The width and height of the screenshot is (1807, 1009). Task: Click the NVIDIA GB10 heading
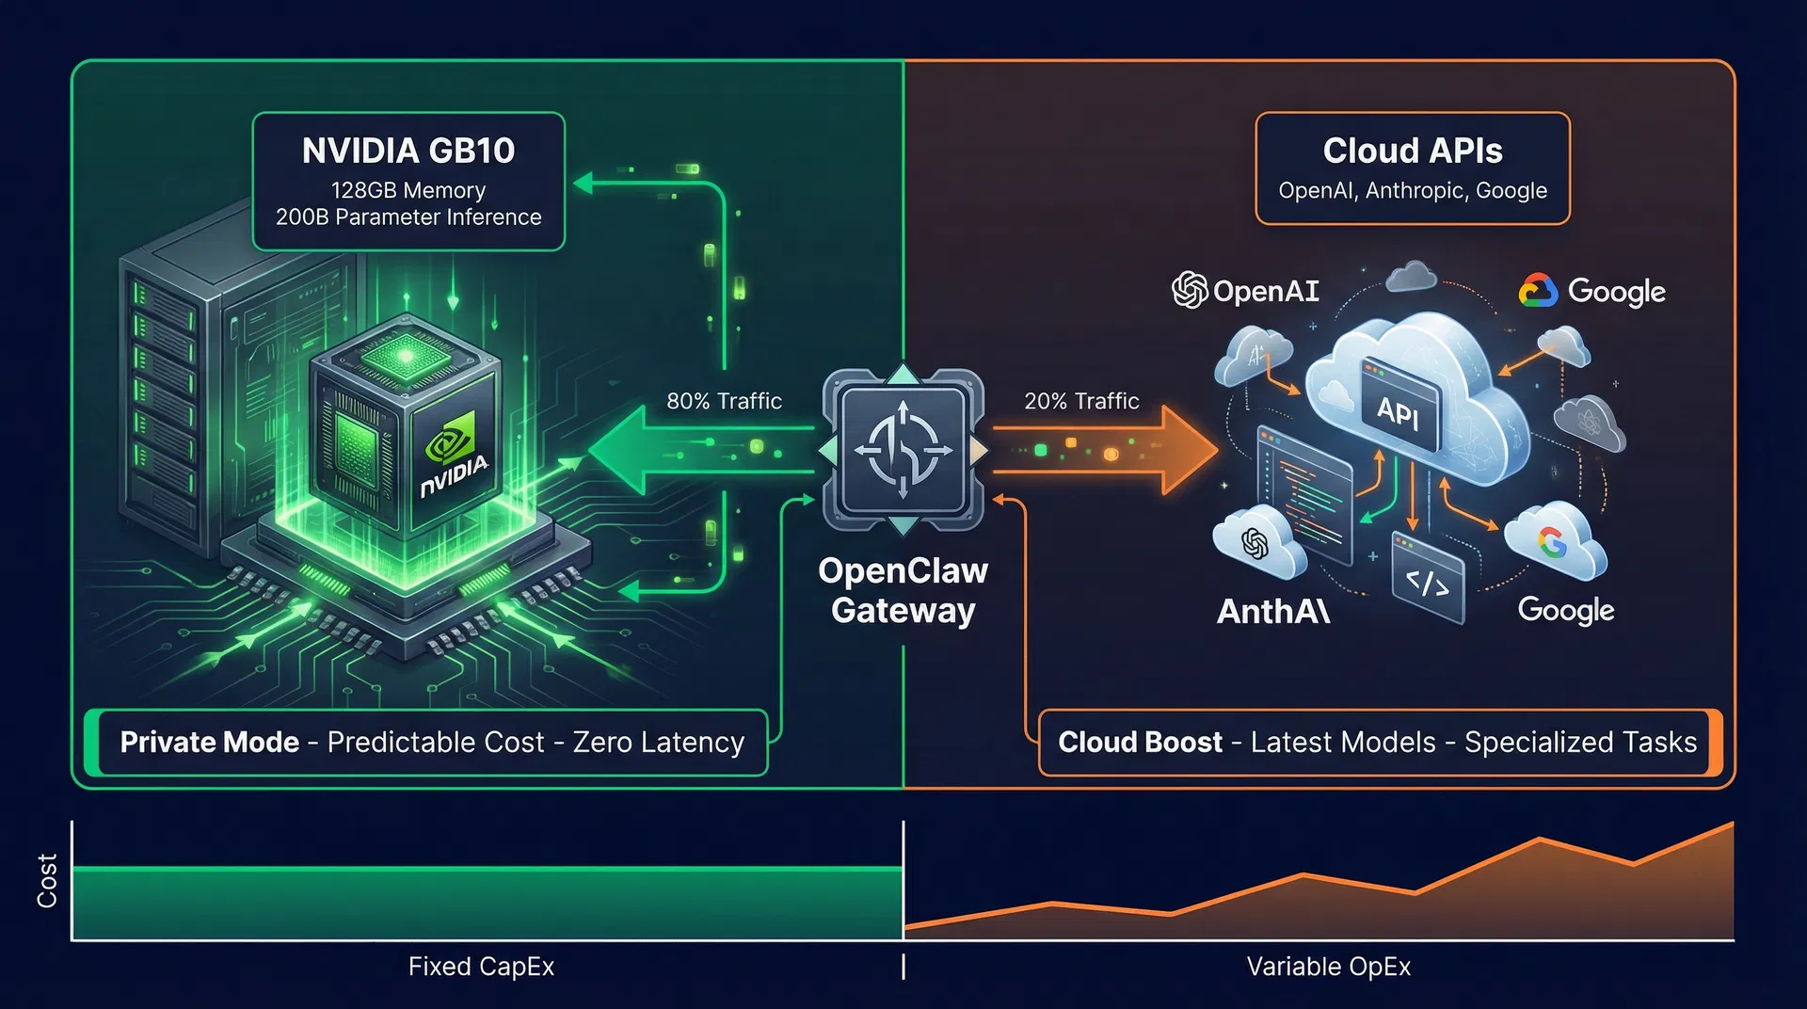[x=408, y=151]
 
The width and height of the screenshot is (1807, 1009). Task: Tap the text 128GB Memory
[x=408, y=190]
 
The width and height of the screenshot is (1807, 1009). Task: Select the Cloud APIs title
[x=1412, y=151]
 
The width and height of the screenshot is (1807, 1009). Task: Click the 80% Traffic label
[x=724, y=401]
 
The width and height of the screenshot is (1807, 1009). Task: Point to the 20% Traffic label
[x=1081, y=401]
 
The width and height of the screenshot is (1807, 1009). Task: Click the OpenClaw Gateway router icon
[x=903, y=450]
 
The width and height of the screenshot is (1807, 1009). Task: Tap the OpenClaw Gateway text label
[x=903, y=590]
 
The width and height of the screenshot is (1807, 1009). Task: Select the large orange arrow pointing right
[x=1111, y=450]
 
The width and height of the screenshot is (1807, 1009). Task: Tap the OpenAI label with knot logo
[x=1245, y=291]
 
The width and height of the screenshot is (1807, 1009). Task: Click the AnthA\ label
[x=1272, y=612]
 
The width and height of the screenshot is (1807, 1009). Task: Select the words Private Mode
[x=209, y=743]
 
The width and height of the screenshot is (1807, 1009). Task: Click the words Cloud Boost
[x=1140, y=743]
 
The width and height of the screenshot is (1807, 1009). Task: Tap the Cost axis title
[x=47, y=881]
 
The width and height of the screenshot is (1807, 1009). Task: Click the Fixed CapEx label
[x=481, y=967]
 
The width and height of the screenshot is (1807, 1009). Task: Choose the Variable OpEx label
[x=1328, y=967]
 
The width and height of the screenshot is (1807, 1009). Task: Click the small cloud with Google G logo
[x=1554, y=543]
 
